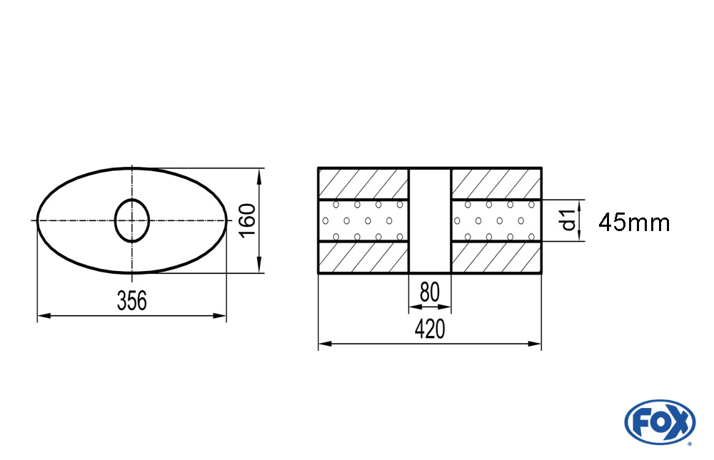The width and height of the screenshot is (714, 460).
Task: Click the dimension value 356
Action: coord(131,301)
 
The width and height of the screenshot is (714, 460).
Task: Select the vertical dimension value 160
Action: coord(246,221)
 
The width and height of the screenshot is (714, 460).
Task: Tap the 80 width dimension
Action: coord(429,293)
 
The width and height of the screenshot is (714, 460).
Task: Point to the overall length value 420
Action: coord(429,329)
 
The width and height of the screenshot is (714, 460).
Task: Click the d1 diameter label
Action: coord(568,220)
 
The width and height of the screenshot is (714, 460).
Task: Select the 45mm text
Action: coord(634,223)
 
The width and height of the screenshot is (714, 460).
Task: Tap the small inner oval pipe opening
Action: coord(132,220)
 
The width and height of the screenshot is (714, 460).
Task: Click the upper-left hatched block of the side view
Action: coord(363,183)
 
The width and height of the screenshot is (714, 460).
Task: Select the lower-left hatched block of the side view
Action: coord(363,257)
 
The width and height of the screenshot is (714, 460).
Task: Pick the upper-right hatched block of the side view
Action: coord(496,183)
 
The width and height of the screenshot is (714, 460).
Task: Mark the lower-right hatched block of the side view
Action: coord(496,257)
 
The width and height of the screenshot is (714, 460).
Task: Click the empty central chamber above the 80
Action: coord(429,220)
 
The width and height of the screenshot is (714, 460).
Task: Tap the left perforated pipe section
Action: coord(363,220)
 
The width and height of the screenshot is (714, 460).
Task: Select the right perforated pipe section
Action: coord(496,220)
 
